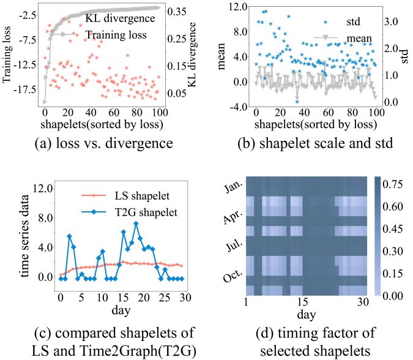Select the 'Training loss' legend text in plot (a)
coord(116,35)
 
